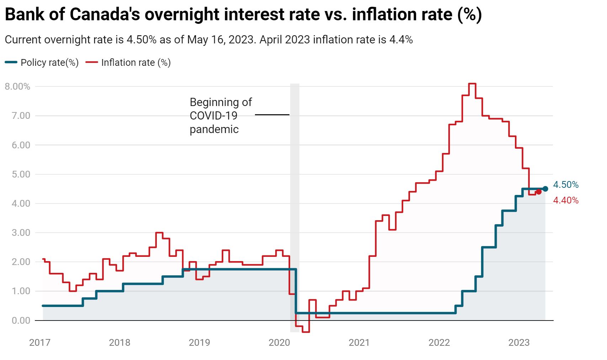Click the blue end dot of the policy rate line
(545, 189)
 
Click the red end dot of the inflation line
(538, 192)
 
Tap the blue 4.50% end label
(565, 185)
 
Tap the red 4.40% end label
(565, 200)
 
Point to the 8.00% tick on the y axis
(17, 86)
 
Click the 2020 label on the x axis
(279, 343)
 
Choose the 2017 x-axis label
(39, 343)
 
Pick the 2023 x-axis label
(519, 343)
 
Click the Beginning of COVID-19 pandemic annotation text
(220, 116)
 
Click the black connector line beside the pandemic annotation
(272, 115)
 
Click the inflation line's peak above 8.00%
(472, 84)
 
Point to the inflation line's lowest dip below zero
(306, 332)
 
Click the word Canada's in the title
(104, 15)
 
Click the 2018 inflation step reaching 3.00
(159, 233)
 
